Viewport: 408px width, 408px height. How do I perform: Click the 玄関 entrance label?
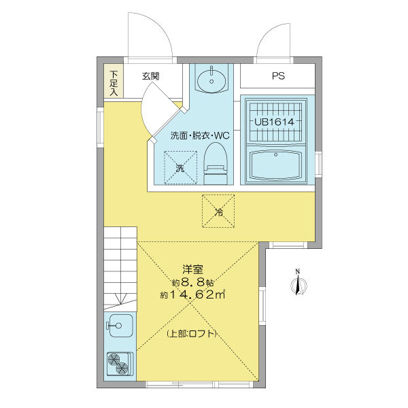tap(151, 76)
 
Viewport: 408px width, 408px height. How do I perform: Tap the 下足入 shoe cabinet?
tap(114, 84)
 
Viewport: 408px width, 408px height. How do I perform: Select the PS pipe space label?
tap(278, 76)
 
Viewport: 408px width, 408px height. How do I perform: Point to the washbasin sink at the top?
tap(211, 80)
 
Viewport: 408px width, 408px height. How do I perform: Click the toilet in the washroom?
tap(216, 163)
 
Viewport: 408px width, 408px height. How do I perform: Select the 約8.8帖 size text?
tap(192, 282)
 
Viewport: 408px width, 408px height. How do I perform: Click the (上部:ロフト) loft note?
tap(192, 334)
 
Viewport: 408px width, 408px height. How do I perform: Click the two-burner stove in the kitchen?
tap(119, 364)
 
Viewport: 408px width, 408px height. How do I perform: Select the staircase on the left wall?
tap(120, 266)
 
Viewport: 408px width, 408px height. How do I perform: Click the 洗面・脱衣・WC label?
tap(201, 135)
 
